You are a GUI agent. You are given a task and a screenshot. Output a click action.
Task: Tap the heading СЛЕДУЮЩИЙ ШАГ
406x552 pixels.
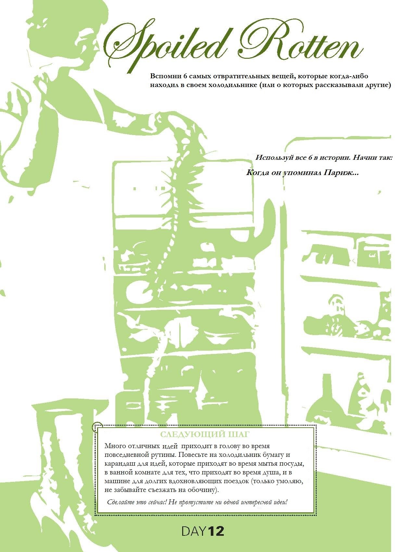click(x=205, y=434)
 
